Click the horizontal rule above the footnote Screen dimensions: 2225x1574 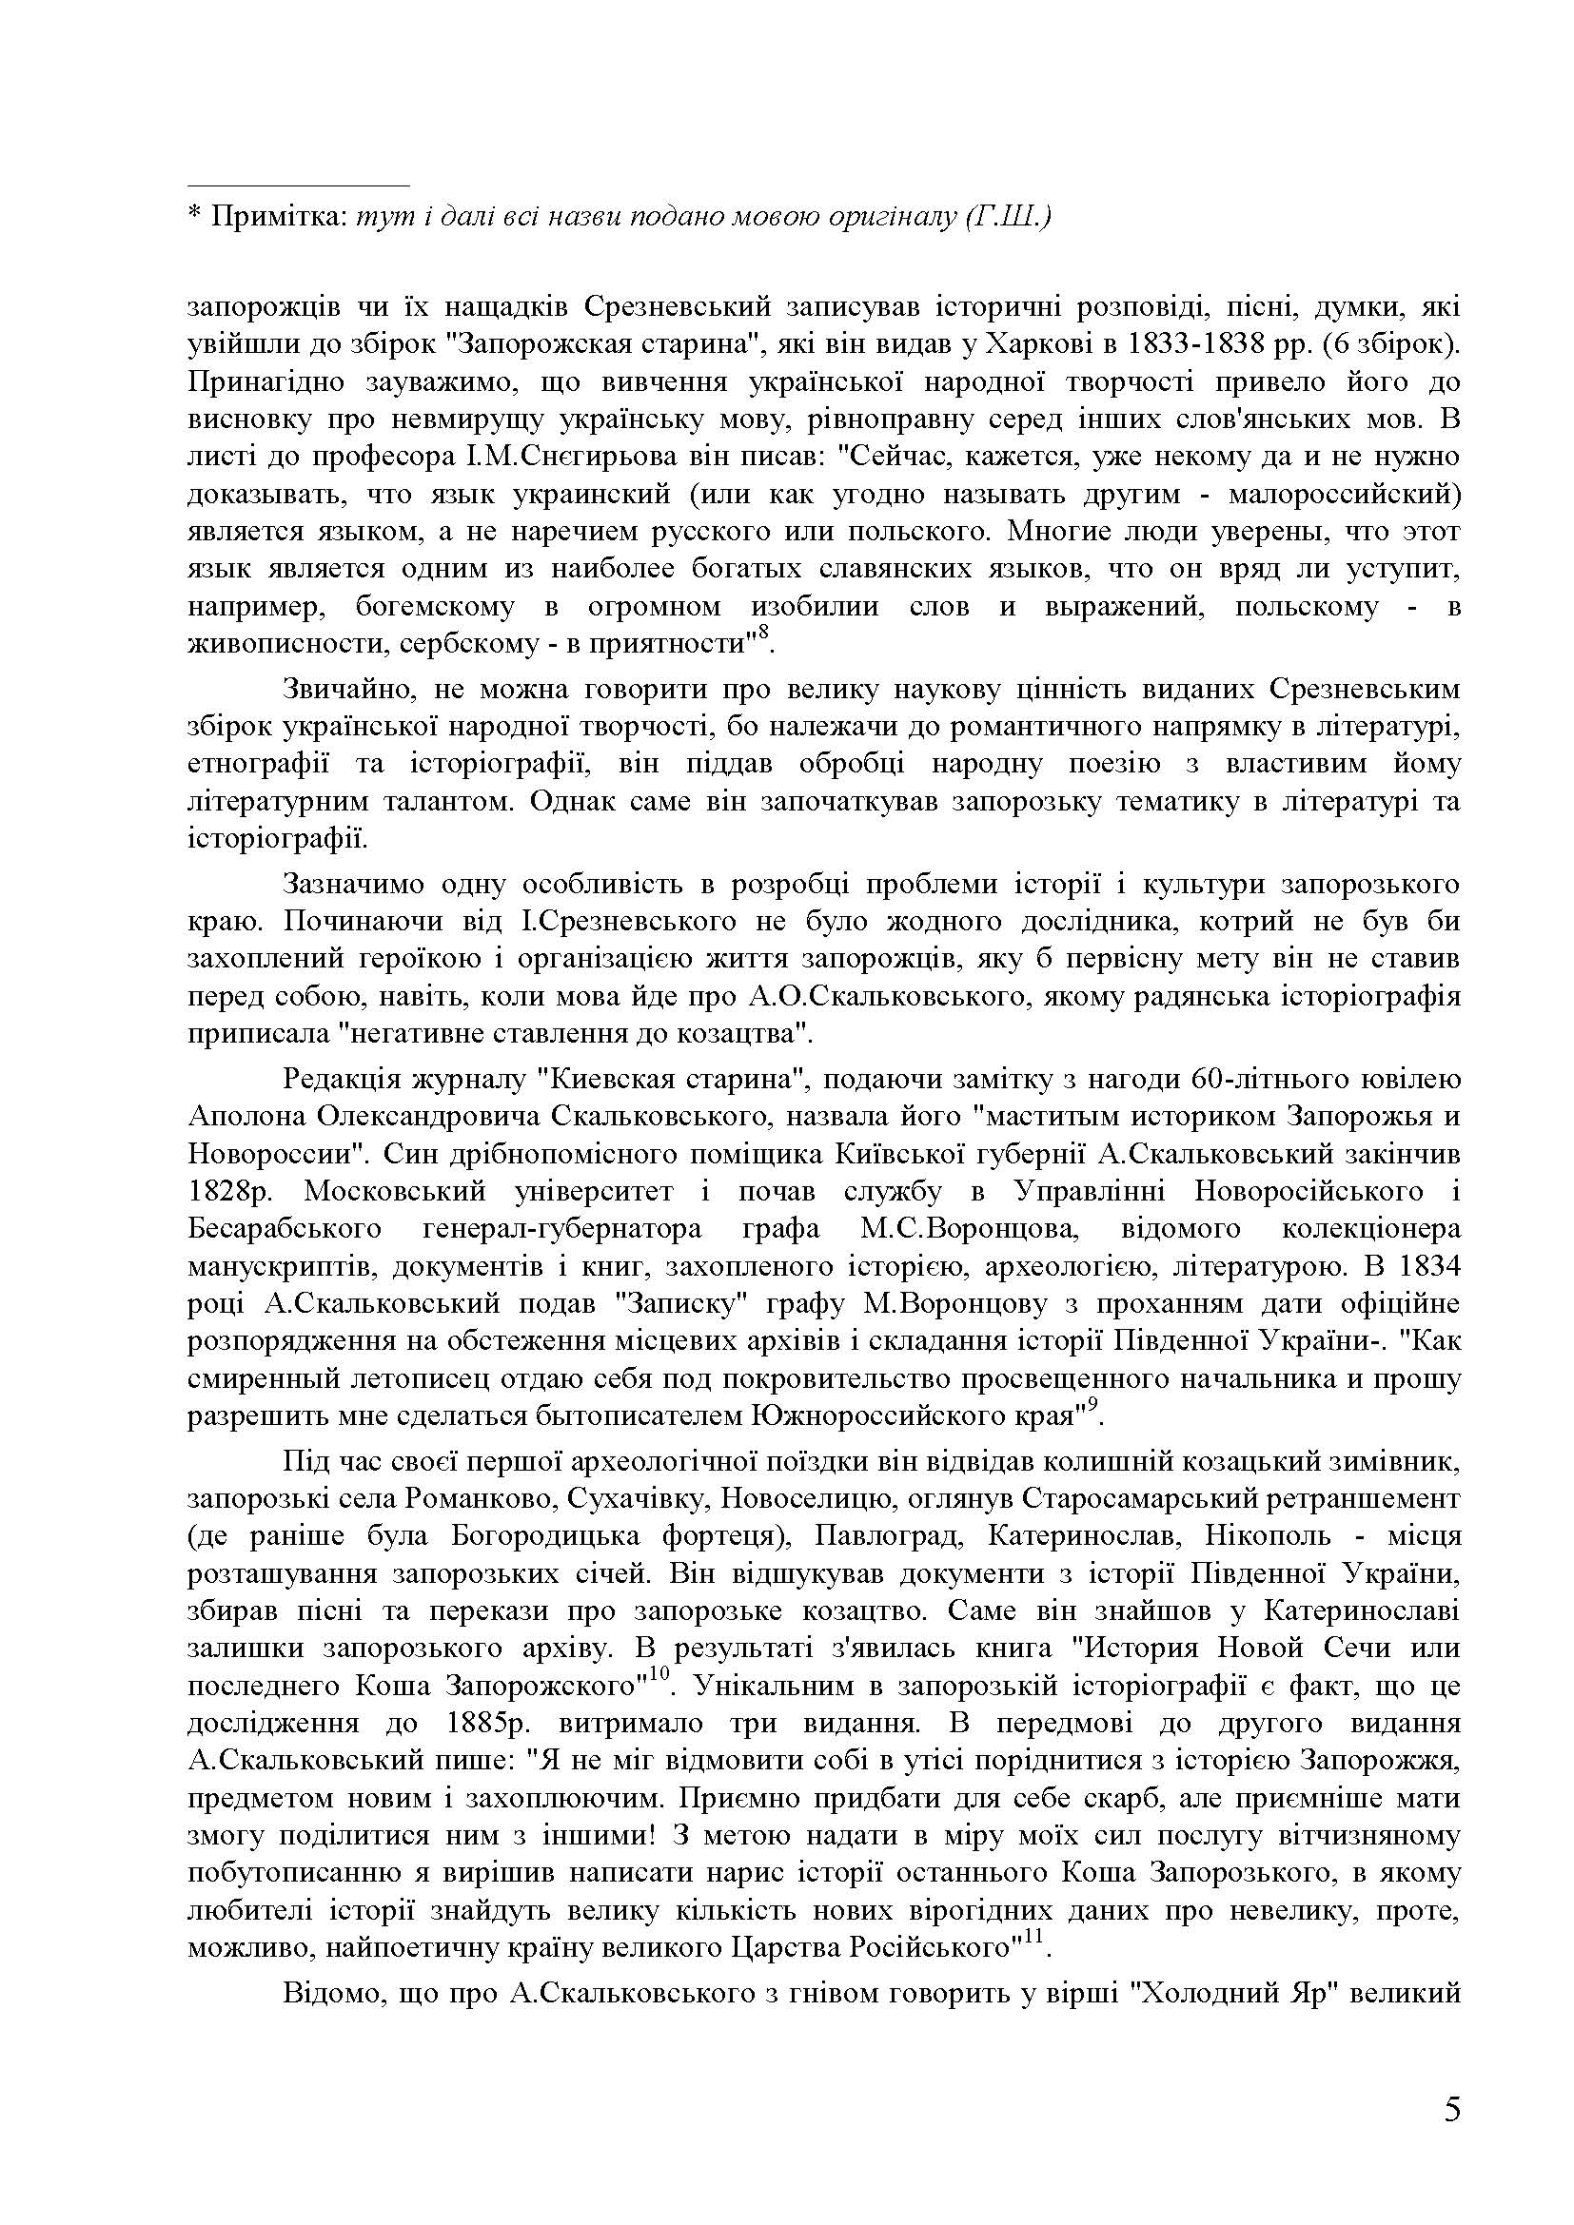[299, 185]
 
